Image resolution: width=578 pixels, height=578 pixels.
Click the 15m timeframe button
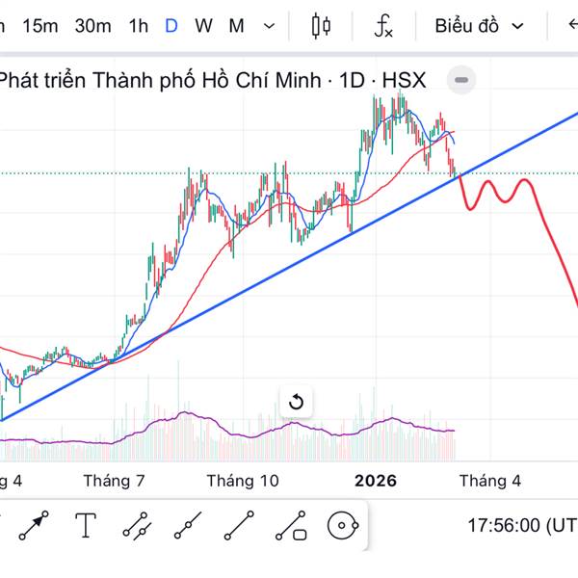(39, 26)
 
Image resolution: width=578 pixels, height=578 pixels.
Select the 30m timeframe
(92, 26)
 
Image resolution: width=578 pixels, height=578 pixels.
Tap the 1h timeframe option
(139, 26)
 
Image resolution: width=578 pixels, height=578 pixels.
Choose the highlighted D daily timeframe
(171, 26)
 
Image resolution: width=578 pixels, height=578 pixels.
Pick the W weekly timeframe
(203, 26)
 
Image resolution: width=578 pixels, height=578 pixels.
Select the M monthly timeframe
(236, 26)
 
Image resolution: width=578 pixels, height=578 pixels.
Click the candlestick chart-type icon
(321, 26)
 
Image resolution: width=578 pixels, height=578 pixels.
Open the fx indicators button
(383, 26)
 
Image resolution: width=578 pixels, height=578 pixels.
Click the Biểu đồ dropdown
(479, 26)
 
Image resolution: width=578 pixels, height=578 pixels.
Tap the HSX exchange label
(405, 80)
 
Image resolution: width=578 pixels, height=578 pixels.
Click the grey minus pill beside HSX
(461, 79)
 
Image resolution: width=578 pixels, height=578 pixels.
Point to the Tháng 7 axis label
(114, 480)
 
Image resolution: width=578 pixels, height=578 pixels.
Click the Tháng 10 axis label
(243, 480)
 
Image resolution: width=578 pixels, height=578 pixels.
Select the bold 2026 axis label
(376, 480)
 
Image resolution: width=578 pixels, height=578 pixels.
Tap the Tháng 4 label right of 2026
(489, 480)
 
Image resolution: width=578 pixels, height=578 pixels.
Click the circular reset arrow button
(296, 402)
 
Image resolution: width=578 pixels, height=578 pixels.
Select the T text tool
(87, 526)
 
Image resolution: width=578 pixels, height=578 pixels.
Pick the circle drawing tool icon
(343, 526)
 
